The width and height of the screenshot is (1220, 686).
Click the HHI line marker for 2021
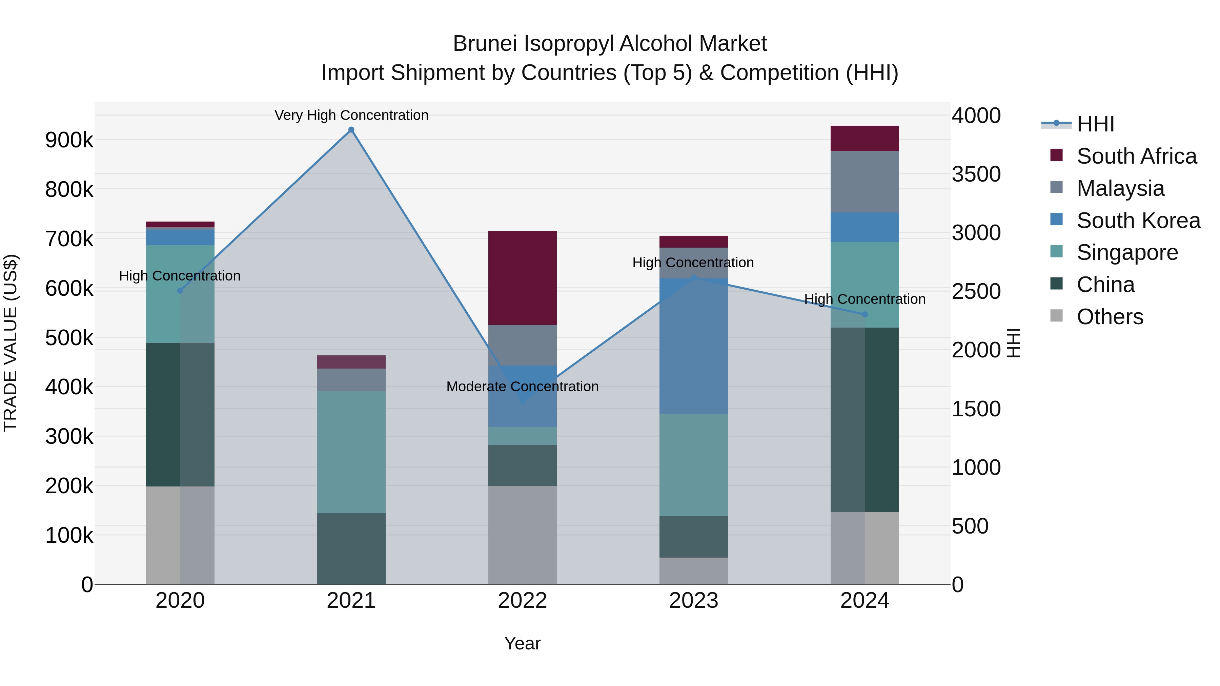[x=351, y=130]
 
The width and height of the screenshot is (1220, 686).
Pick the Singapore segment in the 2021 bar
[x=351, y=452]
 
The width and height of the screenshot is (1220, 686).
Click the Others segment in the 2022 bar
[x=522, y=535]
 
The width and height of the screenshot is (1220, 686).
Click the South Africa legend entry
[x=1136, y=156]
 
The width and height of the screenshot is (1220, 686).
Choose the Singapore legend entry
[x=1127, y=252]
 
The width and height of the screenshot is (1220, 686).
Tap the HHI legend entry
[x=1095, y=124]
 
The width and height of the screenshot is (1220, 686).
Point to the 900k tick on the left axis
[x=69, y=140]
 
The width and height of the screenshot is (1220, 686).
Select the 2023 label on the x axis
[x=693, y=601]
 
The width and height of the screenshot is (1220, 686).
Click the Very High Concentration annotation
[x=351, y=115]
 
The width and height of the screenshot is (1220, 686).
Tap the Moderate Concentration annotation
[x=522, y=386]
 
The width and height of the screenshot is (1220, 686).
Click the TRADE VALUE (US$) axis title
[x=11, y=343]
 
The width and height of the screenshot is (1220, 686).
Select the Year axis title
[x=522, y=643]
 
